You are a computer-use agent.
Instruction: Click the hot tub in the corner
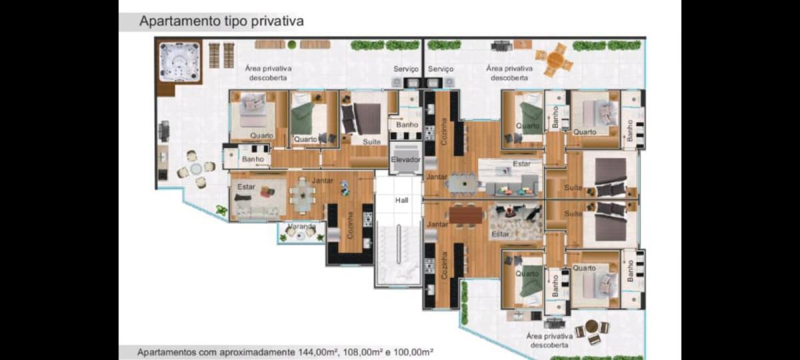pyautogui.click(x=179, y=63)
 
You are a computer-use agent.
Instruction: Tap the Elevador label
pyautogui.click(x=405, y=159)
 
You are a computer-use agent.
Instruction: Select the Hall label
pyautogui.click(x=402, y=201)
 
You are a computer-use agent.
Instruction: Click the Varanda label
pyautogui.click(x=302, y=227)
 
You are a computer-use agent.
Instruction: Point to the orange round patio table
pyautogui.click(x=555, y=59)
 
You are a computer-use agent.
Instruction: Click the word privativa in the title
pyautogui.click(x=277, y=21)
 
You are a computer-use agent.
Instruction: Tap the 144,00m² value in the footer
pyautogui.click(x=318, y=353)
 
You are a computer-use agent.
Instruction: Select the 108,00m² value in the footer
pyautogui.click(x=362, y=353)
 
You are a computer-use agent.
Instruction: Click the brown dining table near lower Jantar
pyautogui.click(x=466, y=215)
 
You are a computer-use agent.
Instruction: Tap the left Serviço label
pyautogui.click(x=406, y=69)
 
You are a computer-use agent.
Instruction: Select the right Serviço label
pyautogui.click(x=441, y=69)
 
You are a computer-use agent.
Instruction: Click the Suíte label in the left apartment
pyautogui.click(x=371, y=142)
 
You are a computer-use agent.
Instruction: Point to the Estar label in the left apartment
pyautogui.click(x=247, y=187)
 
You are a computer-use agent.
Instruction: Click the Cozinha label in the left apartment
pyautogui.click(x=351, y=225)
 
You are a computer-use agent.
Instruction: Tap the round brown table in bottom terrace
pyautogui.click(x=591, y=326)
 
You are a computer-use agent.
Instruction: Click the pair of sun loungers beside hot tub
pyautogui.click(x=221, y=55)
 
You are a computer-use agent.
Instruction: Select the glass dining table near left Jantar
pyautogui.click(x=303, y=195)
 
